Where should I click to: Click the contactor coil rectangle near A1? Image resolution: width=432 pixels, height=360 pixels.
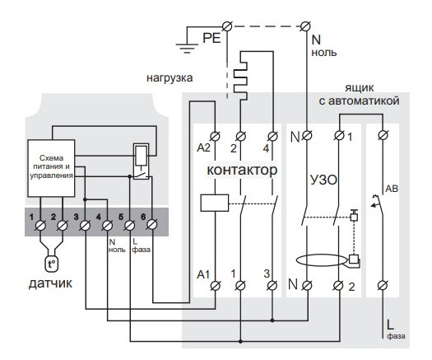pos(214,203)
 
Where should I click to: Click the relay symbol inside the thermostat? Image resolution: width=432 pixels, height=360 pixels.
pos(140,160)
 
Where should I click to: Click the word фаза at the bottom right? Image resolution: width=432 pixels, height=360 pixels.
pos(395,335)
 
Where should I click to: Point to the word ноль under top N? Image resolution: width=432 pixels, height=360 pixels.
pos(323,52)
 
